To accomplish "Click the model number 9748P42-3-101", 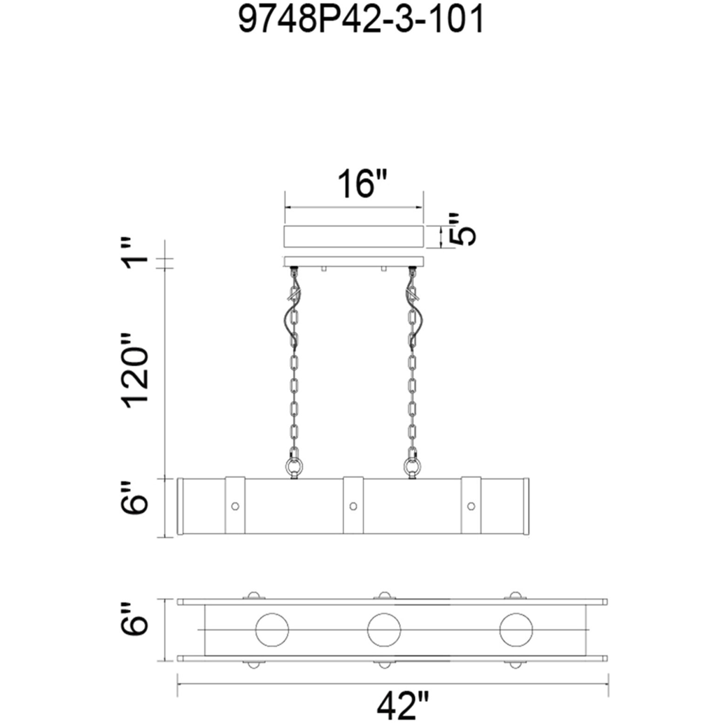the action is pos(361,20).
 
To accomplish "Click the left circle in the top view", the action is pos(272,614).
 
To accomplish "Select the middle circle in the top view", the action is pos(384,614).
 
